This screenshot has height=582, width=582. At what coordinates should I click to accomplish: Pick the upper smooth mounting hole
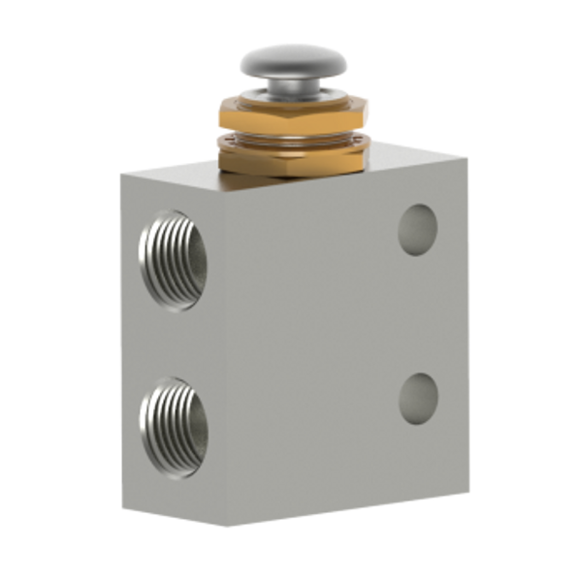[x=418, y=229]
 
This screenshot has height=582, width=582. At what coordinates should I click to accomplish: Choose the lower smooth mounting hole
[x=419, y=397]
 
